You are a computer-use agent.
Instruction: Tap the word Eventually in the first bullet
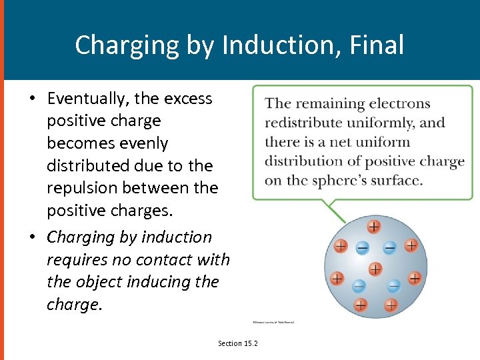coord(89,99)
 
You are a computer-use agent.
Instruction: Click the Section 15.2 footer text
coord(238,343)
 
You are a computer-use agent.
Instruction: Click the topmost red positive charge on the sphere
coord(374,227)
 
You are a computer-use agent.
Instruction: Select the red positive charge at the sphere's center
coord(375,269)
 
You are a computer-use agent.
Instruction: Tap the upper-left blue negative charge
coord(362,248)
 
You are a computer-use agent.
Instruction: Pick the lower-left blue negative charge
coord(358,286)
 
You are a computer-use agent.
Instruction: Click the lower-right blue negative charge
coord(394,286)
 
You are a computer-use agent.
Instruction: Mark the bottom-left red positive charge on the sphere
coord(360,305)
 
